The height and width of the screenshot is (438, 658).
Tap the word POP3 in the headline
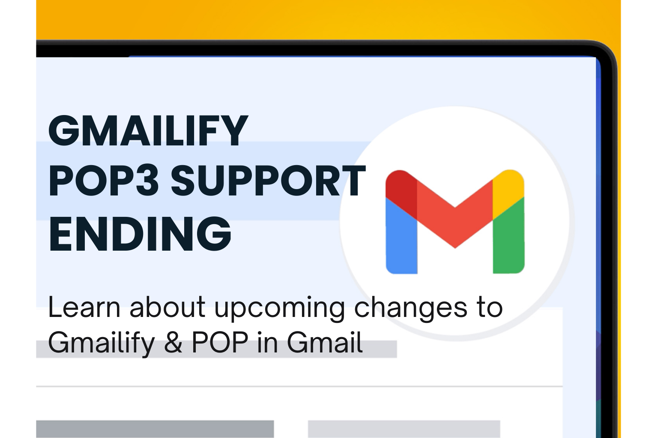(103, 181)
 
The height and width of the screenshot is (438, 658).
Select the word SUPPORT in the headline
(268, 181)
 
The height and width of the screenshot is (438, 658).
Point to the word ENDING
(140, 234)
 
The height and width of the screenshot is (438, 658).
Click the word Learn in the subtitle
(84, 307)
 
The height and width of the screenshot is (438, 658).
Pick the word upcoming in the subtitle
(279, 310)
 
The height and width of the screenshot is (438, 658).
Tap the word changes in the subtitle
(411, 310)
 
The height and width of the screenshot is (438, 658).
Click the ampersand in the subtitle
(173, 342)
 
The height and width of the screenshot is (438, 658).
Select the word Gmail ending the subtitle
(324, 342)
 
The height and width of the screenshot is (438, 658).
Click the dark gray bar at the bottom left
(155, 429)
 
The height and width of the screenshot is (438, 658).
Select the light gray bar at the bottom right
(404, 429)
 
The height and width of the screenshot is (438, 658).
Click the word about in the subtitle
(167, 307)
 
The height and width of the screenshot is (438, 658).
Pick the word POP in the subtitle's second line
(220, 342)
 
